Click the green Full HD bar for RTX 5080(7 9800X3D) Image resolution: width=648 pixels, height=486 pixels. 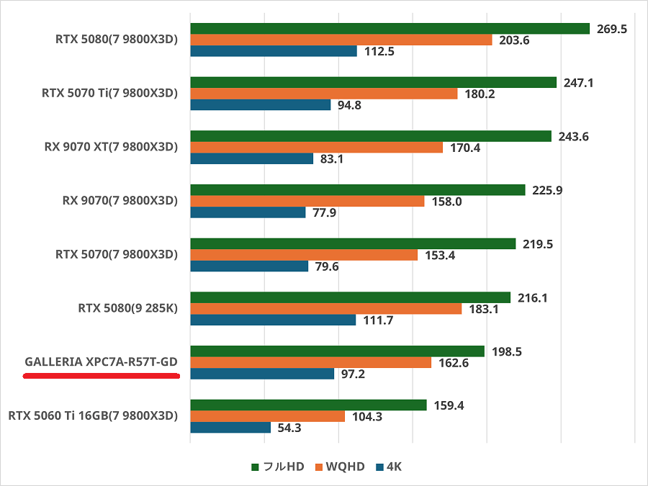click(390, 29)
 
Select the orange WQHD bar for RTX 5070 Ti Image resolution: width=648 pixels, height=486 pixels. click(323, 94)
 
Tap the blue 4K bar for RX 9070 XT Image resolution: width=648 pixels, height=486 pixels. click(251, 158)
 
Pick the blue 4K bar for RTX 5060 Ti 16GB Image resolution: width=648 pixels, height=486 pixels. click(230, 428)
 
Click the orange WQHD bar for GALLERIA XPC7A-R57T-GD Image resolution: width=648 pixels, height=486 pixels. click(310, 363)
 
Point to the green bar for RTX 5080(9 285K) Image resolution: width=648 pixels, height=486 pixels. click(350, 297)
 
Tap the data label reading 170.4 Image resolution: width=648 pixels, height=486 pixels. click(464, 148)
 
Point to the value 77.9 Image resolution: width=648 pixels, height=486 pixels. click(325, 212)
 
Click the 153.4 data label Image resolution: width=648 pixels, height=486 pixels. click(439, 256)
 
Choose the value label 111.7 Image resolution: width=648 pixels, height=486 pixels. click(377, 320)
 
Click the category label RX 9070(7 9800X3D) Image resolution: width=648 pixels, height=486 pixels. click(120, 201)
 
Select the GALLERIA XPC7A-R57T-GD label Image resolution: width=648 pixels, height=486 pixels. click(101, 362)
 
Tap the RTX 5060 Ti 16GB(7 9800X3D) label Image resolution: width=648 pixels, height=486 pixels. click(92, 415)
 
